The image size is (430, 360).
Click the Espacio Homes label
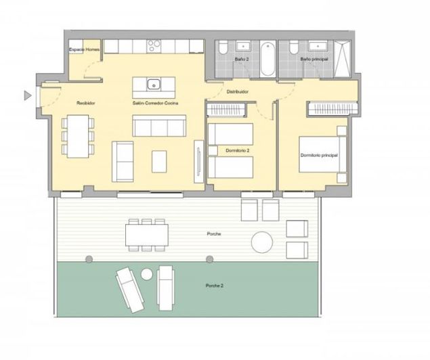(x=85, y=50)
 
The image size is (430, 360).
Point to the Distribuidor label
(x=237, y=91)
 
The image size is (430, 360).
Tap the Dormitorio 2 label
(x=230, y=150)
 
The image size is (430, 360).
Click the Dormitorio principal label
(x=319, y=156)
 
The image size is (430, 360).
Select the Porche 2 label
(x=215, y=286)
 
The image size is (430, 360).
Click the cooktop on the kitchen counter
(x=154, y=46)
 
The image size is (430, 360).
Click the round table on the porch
(x=261, y=242)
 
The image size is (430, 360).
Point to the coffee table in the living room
(x=158, y=161)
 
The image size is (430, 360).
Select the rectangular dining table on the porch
(x=146, y=235)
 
